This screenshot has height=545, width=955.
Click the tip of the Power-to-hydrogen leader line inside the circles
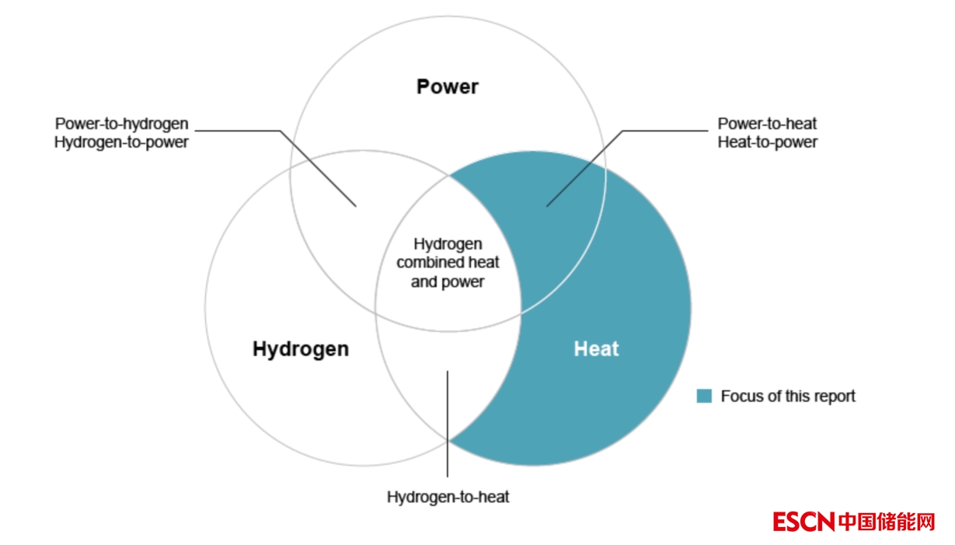click(x=356, y=207)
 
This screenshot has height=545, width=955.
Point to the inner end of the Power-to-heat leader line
click(x=547, y=207)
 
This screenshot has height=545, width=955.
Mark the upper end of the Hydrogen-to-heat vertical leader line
click(x=448, y=371)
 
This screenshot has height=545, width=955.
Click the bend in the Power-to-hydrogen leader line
click(x=280, y=131)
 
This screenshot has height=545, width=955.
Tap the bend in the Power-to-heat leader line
click(x=622, y=131)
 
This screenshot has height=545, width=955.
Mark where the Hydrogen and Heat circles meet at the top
click(x=448, y=175)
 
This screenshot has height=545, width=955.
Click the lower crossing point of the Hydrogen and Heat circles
click(x=448, y=440)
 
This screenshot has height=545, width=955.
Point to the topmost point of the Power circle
click(x=448, y=16)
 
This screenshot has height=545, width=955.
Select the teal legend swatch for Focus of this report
click(x=704, y=396)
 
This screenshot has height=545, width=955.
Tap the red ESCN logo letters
click(x=803, y=522)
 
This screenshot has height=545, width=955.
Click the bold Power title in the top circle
click(x=448, y=87)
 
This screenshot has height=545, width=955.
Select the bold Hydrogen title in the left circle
click(x=301, y=349)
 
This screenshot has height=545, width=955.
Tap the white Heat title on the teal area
click(x=596, y=349)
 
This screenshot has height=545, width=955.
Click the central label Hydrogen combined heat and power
click(x=448, y=263)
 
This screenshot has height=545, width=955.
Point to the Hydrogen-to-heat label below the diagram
click(x=448, y=497)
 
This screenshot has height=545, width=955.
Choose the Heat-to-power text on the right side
click(x=768, y=142)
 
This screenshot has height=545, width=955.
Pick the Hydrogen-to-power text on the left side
click(x=121, y=142)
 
